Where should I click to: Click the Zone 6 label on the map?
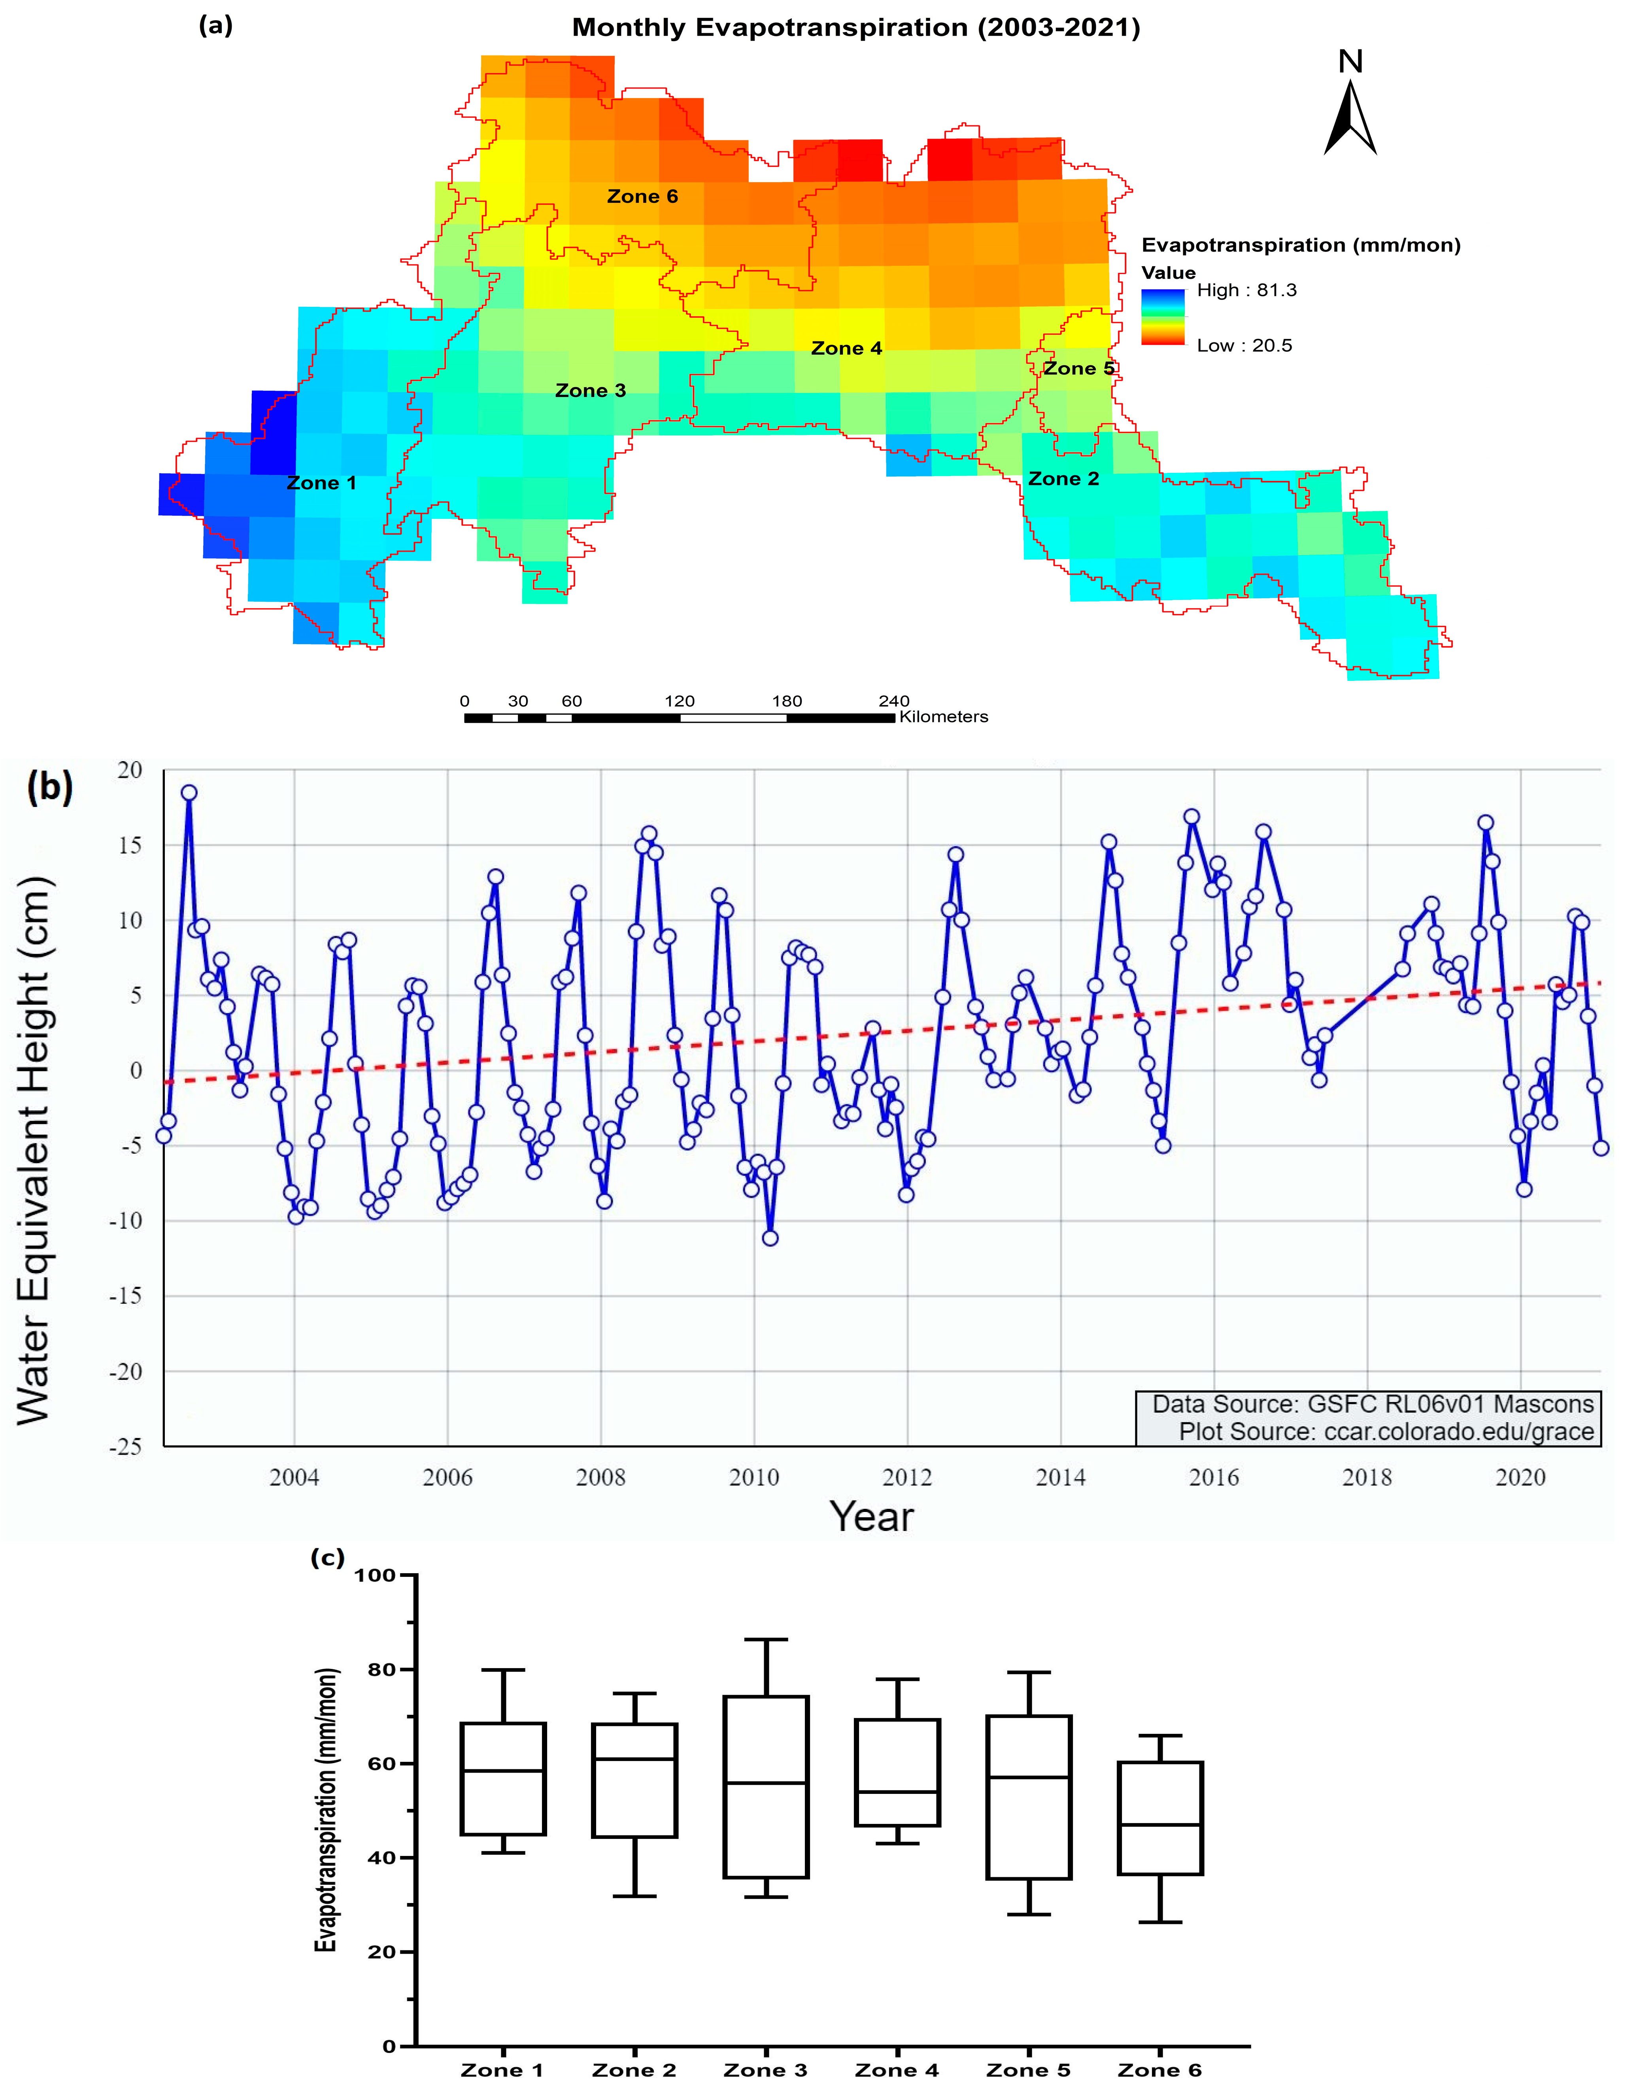[x=642, y=197]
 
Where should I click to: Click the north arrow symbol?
[x=1350, y=117]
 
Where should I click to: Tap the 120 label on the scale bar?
[x=680, y=701]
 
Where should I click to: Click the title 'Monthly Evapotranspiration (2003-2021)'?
[x=856, y=27]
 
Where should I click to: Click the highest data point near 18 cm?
[x=189, y=793]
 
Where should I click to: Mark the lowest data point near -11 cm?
[x=770, y=1238]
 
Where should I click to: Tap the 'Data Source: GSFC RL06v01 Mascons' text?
[x=1372, y=1404]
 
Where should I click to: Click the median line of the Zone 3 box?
[x=766, y=1783]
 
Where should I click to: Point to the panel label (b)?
[x=50, y=787]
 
